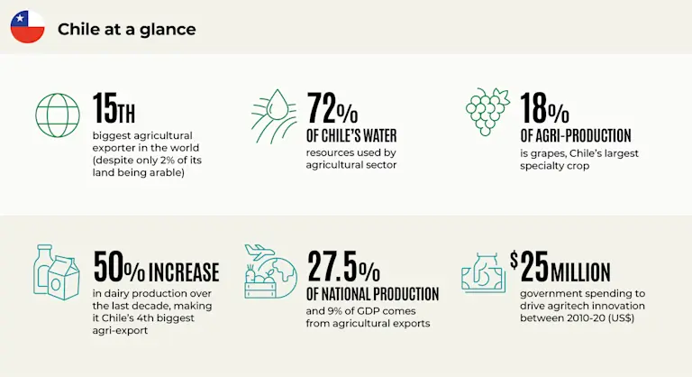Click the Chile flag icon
coord(27,27)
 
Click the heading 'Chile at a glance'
coord(126,29)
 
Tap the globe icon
coord(57,114)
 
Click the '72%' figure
coord(332,109)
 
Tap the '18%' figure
coord(544,109)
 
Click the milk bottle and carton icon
coord(57,271)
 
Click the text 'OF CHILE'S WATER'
coord(352,136)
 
